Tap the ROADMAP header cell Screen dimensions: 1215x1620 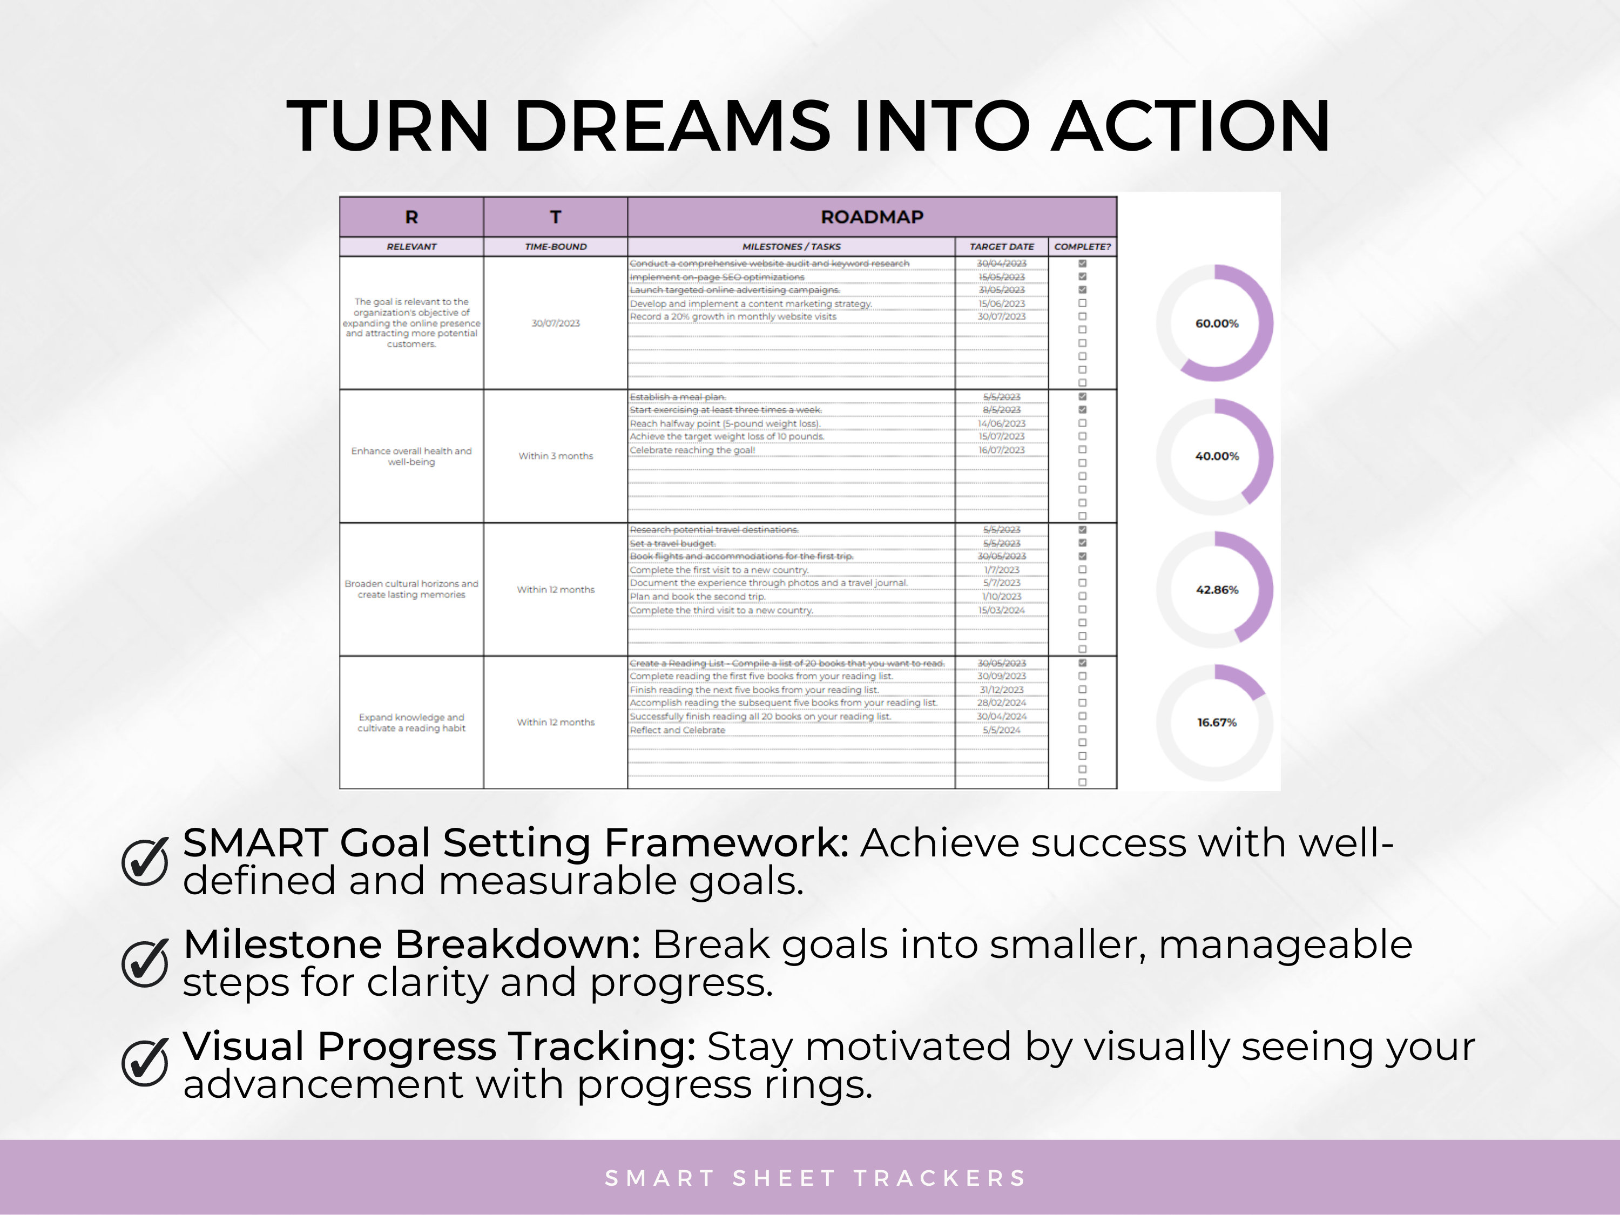(872, 217)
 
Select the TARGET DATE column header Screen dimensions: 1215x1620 (1001, 247)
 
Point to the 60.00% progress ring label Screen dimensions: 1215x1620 (1217, 323)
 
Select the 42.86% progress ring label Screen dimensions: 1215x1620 (1217, 590)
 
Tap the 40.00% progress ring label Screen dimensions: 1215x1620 (1217, 456)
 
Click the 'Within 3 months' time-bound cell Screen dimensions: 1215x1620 (555, 456)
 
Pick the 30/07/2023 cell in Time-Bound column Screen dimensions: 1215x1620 (555, 323)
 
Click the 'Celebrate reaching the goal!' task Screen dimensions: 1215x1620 (692, 450)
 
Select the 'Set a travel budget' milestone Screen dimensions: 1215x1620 (672, 543)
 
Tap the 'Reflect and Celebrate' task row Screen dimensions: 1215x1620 (678, 730)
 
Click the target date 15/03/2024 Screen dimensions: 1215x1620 (1001, 610)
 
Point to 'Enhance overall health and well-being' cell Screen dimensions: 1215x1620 (411, 456)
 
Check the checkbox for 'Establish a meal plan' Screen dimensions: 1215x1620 (1083, 397)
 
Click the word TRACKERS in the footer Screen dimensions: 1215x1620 (940, 1178)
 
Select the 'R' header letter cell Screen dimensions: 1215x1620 (411, 217)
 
